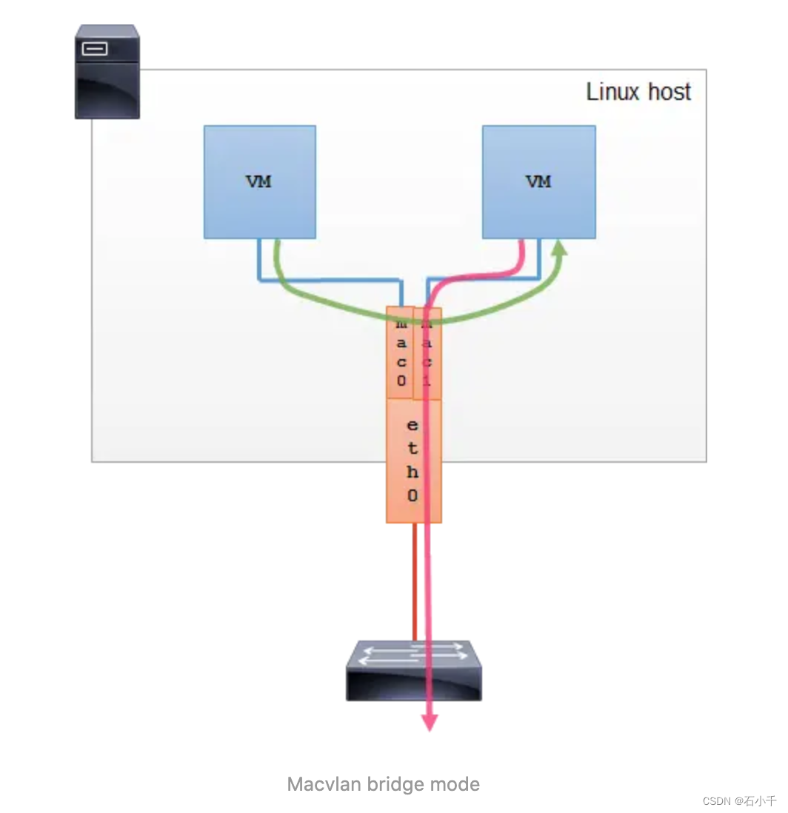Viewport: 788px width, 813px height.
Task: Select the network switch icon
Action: click(413, 671)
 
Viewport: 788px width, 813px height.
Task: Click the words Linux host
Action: click(638, 92)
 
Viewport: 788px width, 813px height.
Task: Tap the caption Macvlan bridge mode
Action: click(383, 784)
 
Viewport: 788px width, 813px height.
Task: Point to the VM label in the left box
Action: click(259, 181)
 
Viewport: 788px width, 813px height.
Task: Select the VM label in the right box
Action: click(538, 181)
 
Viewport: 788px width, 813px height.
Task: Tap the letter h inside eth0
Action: click(413, 472)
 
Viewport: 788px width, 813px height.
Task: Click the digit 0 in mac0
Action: click(401, 381)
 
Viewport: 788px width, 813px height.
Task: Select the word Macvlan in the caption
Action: click(319, 784)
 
